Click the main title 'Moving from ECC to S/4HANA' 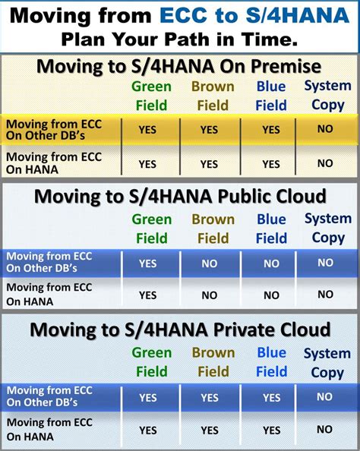tap(180, 15)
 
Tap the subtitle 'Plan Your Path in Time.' tap(180, 38)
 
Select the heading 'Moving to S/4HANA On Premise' tap(179, 67)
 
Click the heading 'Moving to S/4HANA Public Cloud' tap(180, 197)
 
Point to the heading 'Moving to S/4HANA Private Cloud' tap(180, 330)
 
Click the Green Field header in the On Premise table tap(151, 96)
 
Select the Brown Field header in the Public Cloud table tap(213, 229)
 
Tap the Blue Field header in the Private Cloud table tap(271, 362)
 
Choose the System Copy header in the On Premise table tap(327, 96)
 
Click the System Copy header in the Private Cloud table tap(327, 363)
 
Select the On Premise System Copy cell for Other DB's tap(325, 129)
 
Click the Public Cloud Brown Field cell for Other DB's tap(209, 263)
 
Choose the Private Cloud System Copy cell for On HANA tap(325, 430)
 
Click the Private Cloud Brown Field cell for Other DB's tap(209, 398)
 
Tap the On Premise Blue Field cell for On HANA tap(271, 164)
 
